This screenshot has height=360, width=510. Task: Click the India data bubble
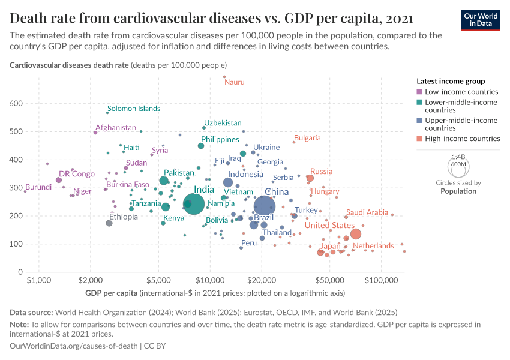pyautogui.click(x=193, y=205)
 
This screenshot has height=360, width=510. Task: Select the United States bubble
pyautogui.click(x=355, y=234)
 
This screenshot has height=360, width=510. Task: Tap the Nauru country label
pyautogui.click(x=234, y=82)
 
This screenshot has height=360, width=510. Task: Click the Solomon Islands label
pyautogui.click(x=134, y=109)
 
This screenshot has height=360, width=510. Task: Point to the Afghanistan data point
pyautogui.click(x=95, y=133)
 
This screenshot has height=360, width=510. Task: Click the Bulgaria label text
pyautogui.click(x=307, y=138)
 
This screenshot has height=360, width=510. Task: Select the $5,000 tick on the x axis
pyautogui.click(x=158, y=280)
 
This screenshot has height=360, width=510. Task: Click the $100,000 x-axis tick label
pyautogui.click(x=382, y=280)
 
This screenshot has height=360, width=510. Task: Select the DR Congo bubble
pyautogui.click(x=59, y=180)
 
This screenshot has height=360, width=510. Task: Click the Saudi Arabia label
pyautogui.click(x=367, y=212)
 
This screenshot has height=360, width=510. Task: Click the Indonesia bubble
pyautogui.click(x=228, y=182)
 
